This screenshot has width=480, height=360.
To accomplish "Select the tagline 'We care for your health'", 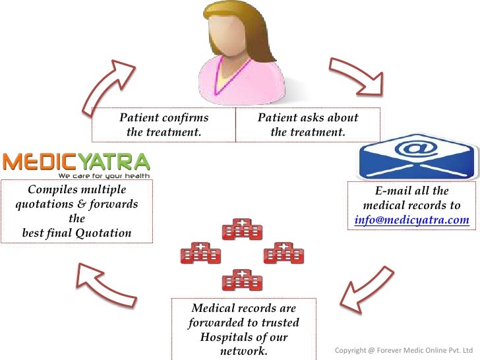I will pyautogui.click(x=104, y=175).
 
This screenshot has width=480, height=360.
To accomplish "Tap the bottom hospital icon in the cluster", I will pyautogui.click(x=242, y=280).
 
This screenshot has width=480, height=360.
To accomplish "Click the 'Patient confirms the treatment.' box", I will pyautogui.click(x=164, y=125).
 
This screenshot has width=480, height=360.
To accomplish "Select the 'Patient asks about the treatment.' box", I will pyautogui.click(x=308, y=125).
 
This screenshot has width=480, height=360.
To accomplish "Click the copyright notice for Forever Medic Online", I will pyautogui.click(x=404, y=349).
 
